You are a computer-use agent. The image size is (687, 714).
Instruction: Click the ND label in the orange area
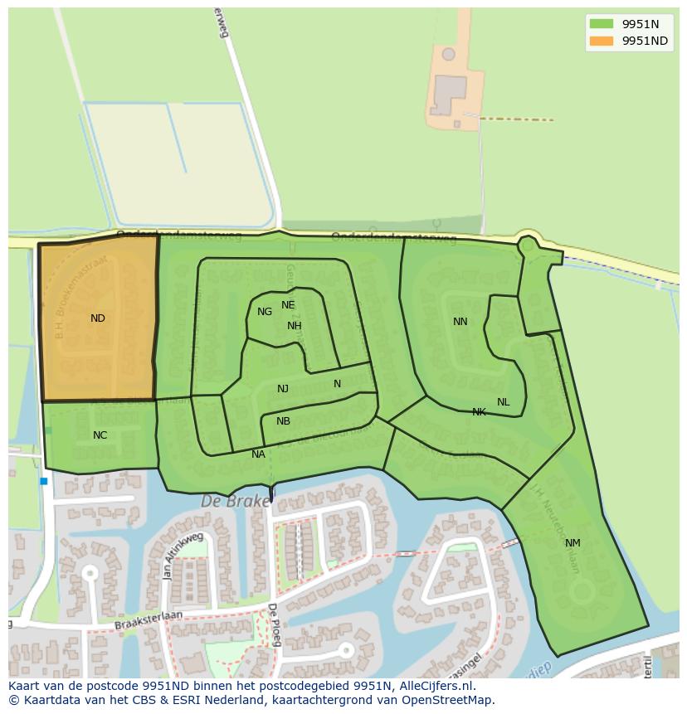[x=98, y=318]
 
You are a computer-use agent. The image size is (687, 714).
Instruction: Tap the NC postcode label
[x=100, y=435]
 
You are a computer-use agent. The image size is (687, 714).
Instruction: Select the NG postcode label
[x=265, y=312]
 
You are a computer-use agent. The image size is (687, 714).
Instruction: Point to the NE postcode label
[x=288, y=305]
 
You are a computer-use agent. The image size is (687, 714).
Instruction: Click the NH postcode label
[x=295, y=326]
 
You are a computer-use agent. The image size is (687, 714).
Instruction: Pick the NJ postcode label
[x=283, y=389]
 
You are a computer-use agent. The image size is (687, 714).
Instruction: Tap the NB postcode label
[x=283, y=421]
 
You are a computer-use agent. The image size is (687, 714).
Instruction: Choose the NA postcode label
[x=258, y=454]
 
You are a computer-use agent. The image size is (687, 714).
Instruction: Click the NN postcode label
[x=460, y=322]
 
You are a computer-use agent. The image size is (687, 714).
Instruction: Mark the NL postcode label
[x=504, y=402]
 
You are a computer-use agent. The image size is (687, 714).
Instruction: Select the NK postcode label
[x=479, y=412]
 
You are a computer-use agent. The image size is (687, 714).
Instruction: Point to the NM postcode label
[x=572, y=543]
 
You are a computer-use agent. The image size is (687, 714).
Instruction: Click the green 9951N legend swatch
[x=602, y=24]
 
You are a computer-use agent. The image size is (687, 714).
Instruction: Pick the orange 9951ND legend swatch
[x=602, y=41]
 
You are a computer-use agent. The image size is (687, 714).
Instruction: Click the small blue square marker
[x=43, y=481]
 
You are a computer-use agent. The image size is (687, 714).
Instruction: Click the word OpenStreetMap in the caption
[x=448, y=700]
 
